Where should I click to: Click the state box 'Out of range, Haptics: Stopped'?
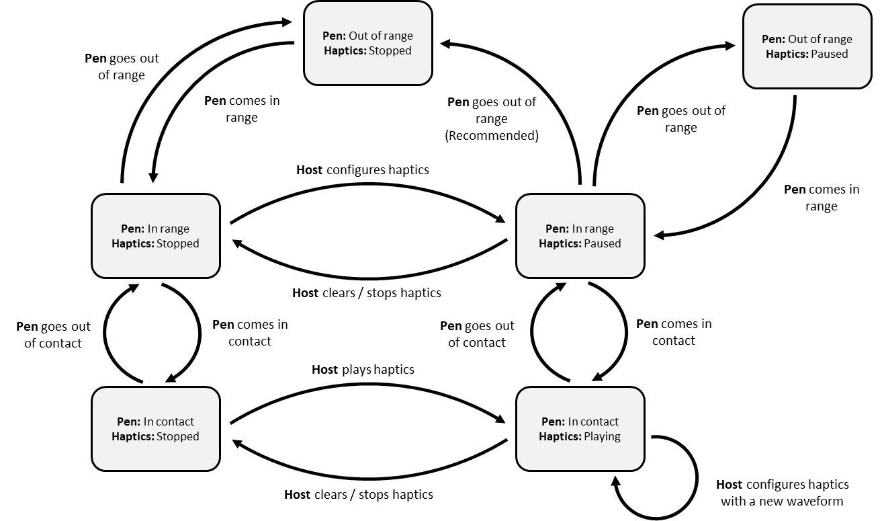(367, 44)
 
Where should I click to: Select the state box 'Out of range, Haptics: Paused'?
(807, 46)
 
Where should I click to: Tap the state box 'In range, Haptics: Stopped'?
(155, 236)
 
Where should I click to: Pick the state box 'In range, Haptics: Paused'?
(580, 236)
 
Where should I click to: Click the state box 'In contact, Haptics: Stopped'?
(155, 429)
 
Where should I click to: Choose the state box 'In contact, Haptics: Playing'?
(580, 429)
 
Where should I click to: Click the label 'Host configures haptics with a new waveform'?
(782, 493)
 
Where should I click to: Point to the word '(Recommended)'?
(492, 136)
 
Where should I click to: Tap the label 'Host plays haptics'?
(363, 370)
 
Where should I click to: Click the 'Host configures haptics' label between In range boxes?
(363, 170)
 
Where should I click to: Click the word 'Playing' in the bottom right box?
(602, 436)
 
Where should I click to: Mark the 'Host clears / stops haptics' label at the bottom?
(359, 495)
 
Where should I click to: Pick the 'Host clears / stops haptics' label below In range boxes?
(367, 293)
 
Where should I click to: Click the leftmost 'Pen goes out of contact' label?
(53, 335)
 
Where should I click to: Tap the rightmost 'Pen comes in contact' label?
(674, 332)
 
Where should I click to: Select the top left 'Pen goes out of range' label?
(122, 67)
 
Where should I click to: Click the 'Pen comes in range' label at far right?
(822, 198)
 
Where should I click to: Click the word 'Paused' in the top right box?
(830, 54)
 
